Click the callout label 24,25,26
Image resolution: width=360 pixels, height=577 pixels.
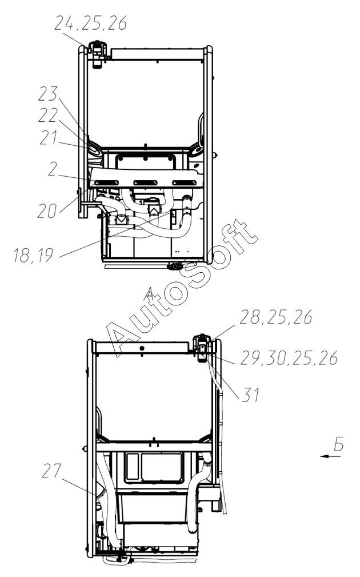coord(90,23)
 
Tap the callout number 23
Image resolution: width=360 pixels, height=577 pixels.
coord(48,94)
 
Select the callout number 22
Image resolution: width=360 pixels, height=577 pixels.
coord(48,116)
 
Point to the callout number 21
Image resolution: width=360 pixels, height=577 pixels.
coord(49,138)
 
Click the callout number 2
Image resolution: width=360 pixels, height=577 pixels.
coord(53,169)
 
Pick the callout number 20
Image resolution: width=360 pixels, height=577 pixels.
coord(47,211)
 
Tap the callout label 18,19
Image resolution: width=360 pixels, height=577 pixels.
coord(33,256)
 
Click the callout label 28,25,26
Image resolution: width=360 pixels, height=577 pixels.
coord(276,317)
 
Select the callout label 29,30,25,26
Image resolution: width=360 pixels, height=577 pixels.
coord(289,358)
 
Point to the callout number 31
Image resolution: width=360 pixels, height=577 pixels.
coord(251,395)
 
